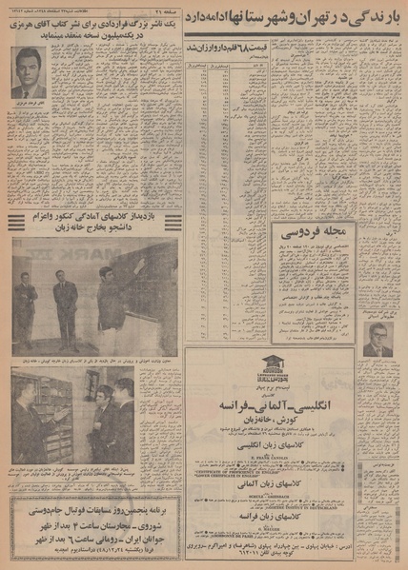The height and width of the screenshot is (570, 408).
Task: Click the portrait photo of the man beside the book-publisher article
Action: point(30,73)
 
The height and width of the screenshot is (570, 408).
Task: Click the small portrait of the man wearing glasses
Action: point(377,339)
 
